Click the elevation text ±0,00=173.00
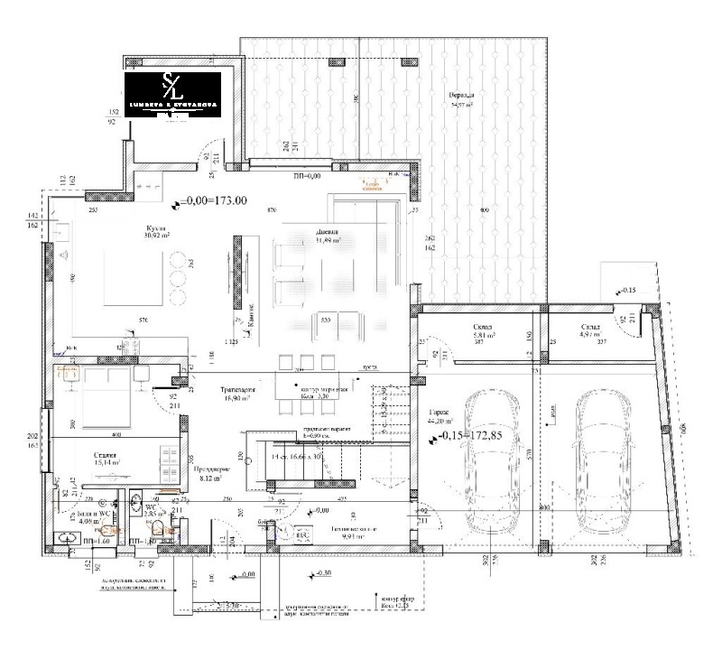(214, 201)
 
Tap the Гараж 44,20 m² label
(436, 416)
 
